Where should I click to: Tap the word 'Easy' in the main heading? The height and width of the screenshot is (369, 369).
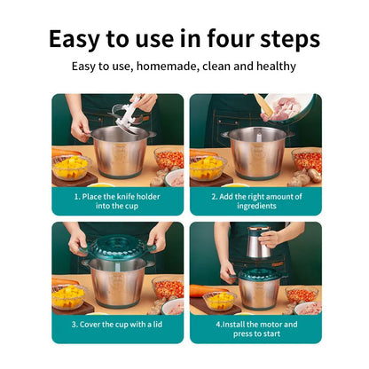click(79, 40)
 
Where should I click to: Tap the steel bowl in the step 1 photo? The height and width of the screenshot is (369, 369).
click(120, 151)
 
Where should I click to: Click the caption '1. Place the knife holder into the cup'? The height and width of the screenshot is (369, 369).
click(119, 200)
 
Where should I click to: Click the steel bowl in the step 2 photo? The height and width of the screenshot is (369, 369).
click(258, 151)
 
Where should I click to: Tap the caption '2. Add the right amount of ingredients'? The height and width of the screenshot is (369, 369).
click(256, 200)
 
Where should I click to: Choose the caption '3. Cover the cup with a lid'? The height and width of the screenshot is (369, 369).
click(118, 326)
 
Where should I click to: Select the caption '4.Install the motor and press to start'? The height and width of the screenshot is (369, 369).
click(256, 329)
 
